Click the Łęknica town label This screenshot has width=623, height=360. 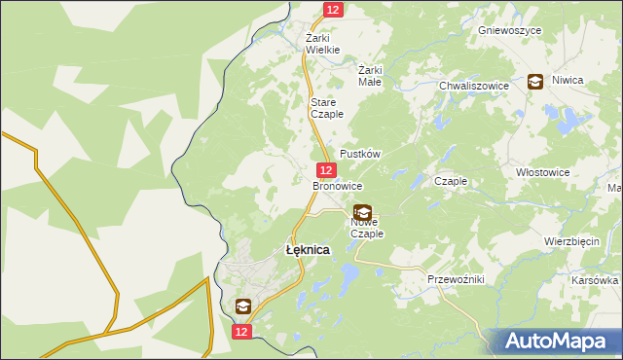click(308, 250)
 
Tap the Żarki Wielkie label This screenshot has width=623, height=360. click(322, 43)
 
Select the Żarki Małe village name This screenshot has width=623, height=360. click(370, 76)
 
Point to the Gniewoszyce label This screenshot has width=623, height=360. click(509, 30)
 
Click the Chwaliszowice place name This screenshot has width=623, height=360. click(474, 86)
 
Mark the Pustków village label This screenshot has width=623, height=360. click(359, 155)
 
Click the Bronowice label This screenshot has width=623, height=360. click(337, 185)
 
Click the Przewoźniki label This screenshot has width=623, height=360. click(456, 279)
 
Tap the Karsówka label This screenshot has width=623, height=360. click(596, 280)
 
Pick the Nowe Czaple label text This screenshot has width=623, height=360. click(367, 228)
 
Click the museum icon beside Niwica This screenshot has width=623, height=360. click(535, 83)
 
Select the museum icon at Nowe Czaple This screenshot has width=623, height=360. click(362, 211)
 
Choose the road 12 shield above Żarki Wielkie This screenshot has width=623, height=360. click(333, 9)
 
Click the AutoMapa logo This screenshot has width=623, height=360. click(558, 342)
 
